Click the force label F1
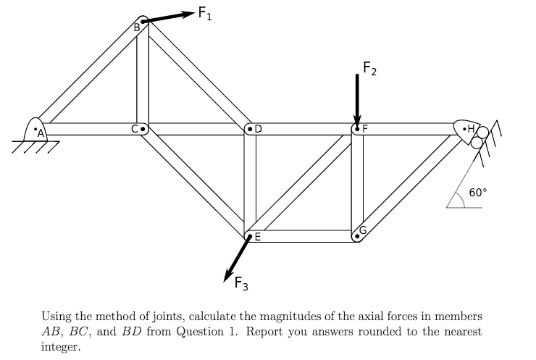point(205,14)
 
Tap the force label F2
point(369,68)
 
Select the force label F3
point(241,283)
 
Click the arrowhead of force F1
point(188,14)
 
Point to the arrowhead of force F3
point(227,275)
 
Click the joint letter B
point(137,28)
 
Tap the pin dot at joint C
point(143,129)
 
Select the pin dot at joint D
point(250,129)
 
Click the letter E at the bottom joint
point(258,237)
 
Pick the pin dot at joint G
point(357,236)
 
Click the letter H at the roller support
point(471,129)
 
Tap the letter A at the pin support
point(41,133)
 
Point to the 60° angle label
point(478,193)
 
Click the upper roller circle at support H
point(483,133)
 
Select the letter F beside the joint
point(365,129)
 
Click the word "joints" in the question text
point(169,317)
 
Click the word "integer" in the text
point(61,347)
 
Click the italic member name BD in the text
point(132,331)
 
